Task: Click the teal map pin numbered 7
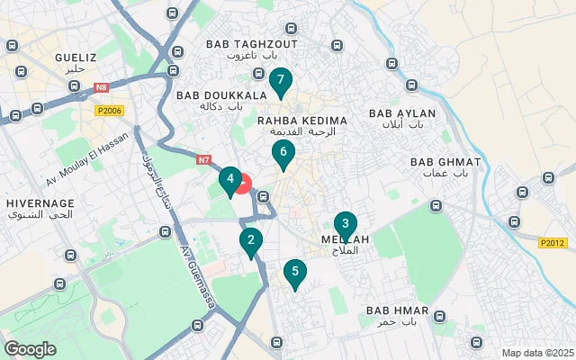[280, 82]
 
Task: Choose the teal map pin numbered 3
[345, 225]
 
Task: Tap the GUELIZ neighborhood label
[69, 56]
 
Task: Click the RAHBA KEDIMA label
[301, 120]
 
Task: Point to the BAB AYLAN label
[402, 113]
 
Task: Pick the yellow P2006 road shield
[109, 109]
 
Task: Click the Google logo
[30, 348]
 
